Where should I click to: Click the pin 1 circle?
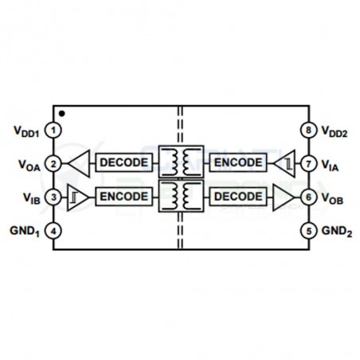point(53,130)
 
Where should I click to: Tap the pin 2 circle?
point(53,163)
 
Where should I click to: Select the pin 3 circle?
point(53,198)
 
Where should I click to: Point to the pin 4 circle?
point(53,231)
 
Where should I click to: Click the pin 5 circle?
point(309,231)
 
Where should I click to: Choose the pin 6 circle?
point(309,198)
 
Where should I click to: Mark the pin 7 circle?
point(309,163)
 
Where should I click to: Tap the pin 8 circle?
point(309,130)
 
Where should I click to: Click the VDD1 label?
point(26,131)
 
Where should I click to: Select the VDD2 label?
point(335,131)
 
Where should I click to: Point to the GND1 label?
point(25,231)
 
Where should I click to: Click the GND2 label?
point(337,231)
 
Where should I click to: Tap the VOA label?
point(29,165)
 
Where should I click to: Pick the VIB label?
point(32,198)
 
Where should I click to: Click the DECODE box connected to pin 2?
point(124,162)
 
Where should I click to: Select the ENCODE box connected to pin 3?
point(124,197)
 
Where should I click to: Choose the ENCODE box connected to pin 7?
point(238,162)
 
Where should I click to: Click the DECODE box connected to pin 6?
point(238,197)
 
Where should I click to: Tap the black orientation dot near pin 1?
point(62,114)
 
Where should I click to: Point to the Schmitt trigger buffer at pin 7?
point(284,163)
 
